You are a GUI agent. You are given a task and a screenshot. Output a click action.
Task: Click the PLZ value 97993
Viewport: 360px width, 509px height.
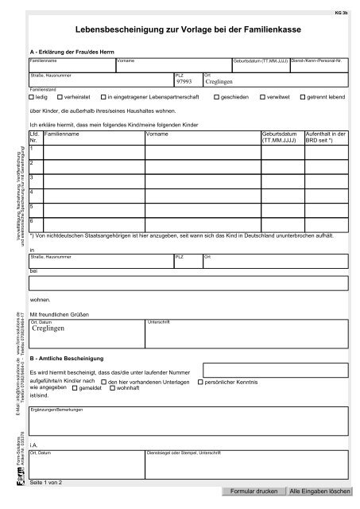pyautogui.click(x=184, y=82)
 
